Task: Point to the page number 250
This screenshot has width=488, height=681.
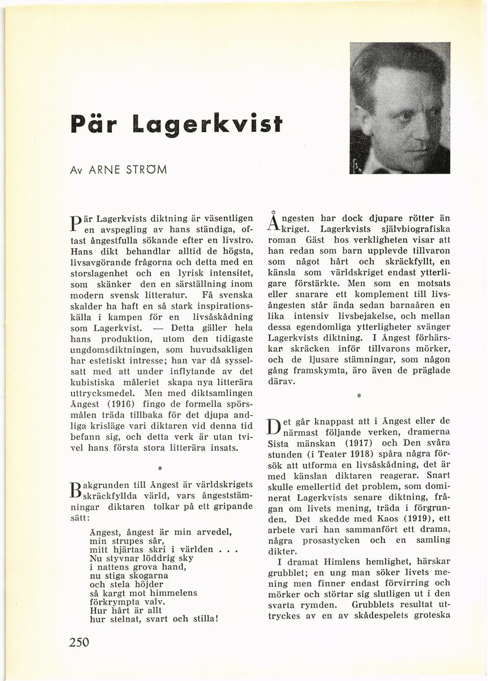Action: pyautogui.click(x=79, y=642)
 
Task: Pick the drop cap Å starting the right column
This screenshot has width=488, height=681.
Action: pyautogui.click(x=274, y=223)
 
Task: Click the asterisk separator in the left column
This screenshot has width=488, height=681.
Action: pyautogui.click(x=158, y=469)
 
